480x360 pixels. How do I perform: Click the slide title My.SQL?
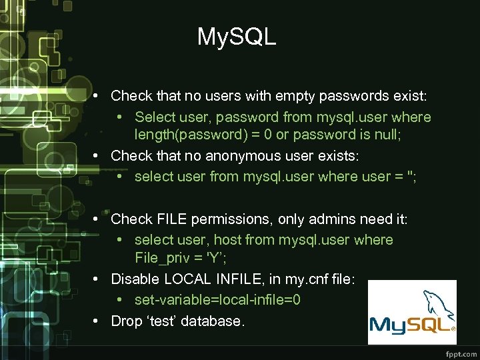[237, 37]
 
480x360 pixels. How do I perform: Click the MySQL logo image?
[412, 312]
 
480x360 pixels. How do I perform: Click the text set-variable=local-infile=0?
[217, 300]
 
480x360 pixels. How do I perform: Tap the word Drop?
[127, 321]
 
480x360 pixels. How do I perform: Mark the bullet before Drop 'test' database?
[97, 321]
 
